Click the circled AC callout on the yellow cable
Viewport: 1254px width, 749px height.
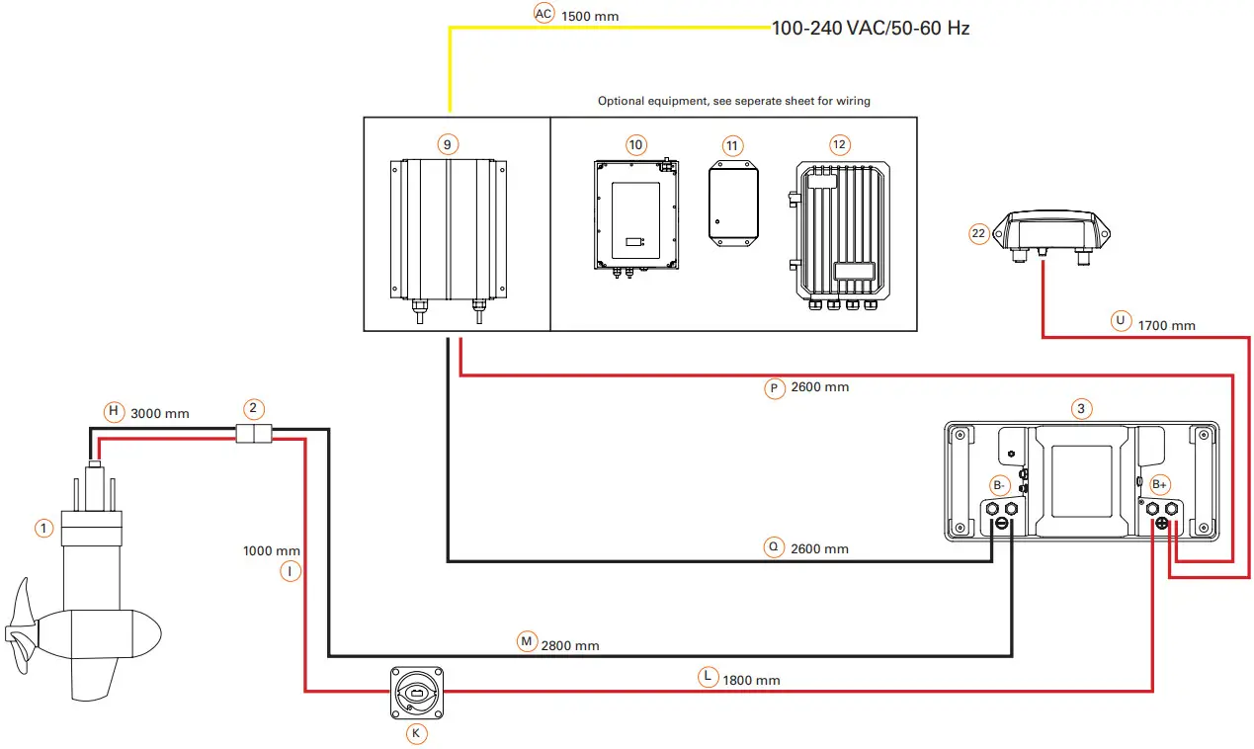(x=543, y=14)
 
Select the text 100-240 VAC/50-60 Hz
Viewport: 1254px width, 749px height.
(x=871, y=28)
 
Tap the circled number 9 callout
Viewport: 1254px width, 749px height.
(x=448, y=145)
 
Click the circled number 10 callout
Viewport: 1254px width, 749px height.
(x=635, y=145)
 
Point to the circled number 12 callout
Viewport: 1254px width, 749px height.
(x=839, y=145)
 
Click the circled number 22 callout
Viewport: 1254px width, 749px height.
(x=979, y=233)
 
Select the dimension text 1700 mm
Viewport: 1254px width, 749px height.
(x=1166, y=325)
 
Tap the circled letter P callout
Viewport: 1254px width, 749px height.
(x=774, y=388)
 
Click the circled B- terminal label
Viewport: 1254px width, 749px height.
(x=1000, y=485)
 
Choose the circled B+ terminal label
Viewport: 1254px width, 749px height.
(x=1160, y=485)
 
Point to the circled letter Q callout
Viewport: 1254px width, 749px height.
(x=774, y=546)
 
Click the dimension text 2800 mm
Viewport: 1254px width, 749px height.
(x=570, y=645)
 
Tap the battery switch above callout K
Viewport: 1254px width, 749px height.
(x=415, y=691)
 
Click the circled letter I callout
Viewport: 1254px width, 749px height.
(x=289, y=570)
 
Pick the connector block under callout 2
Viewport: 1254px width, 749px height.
(x=253, y=434)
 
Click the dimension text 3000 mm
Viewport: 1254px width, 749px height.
(x=160, y=413)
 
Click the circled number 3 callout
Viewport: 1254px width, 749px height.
(x=1081, y=408)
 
